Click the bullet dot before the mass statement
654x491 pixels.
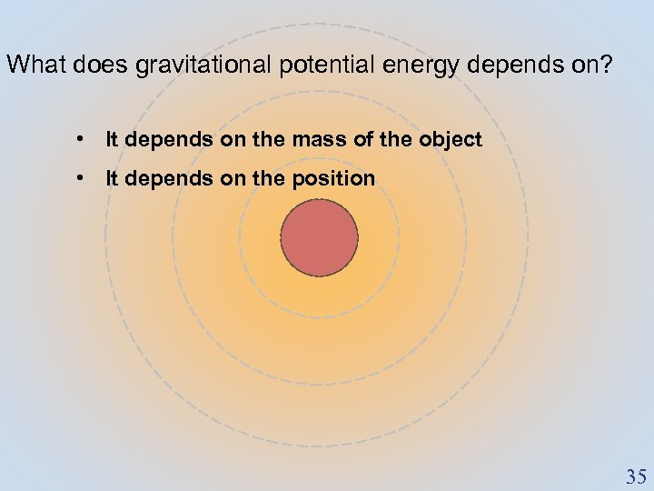coord(82,140)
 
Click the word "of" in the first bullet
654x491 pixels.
coord(354,140)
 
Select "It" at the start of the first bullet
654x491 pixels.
coord(113,140)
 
